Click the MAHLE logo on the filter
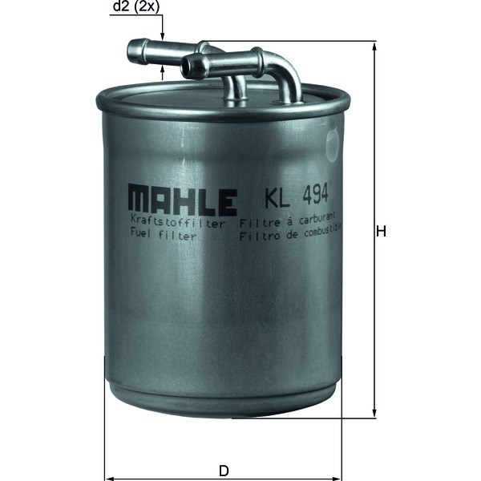tap(181, 197)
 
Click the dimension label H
tap(382, 232)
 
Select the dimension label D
tap(224, 471)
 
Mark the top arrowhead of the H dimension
tap(374, 46)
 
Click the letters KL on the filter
tap(274, 195)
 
